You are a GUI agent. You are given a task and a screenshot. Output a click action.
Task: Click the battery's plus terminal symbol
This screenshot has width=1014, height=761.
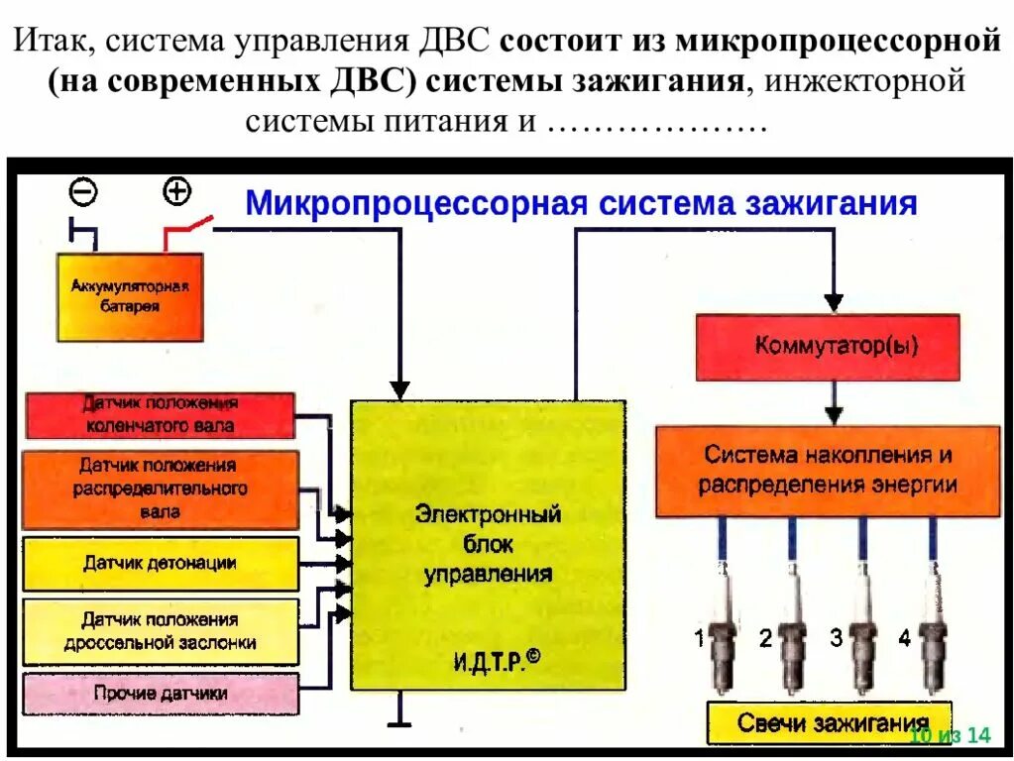(176, 191)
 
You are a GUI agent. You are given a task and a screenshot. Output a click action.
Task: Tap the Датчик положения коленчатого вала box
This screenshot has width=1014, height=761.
(159, 415)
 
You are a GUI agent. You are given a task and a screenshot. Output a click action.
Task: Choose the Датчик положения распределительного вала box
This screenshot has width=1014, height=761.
(159, 489)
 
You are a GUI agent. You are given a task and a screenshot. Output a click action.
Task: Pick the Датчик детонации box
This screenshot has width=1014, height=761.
(160, 564)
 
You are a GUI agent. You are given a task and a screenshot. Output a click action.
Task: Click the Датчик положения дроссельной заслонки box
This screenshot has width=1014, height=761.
(160, 631)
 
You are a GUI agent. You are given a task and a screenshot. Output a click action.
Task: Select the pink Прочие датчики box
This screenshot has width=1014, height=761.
(160, 694)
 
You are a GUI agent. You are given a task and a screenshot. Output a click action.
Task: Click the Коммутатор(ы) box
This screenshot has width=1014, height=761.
(828, 347)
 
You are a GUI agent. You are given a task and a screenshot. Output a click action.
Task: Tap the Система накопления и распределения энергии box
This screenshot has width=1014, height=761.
(828, 471)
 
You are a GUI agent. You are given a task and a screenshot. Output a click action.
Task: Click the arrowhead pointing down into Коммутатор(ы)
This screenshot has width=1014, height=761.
(834, 301)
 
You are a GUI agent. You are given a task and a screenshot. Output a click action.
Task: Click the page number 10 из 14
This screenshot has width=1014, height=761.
(950, 734)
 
